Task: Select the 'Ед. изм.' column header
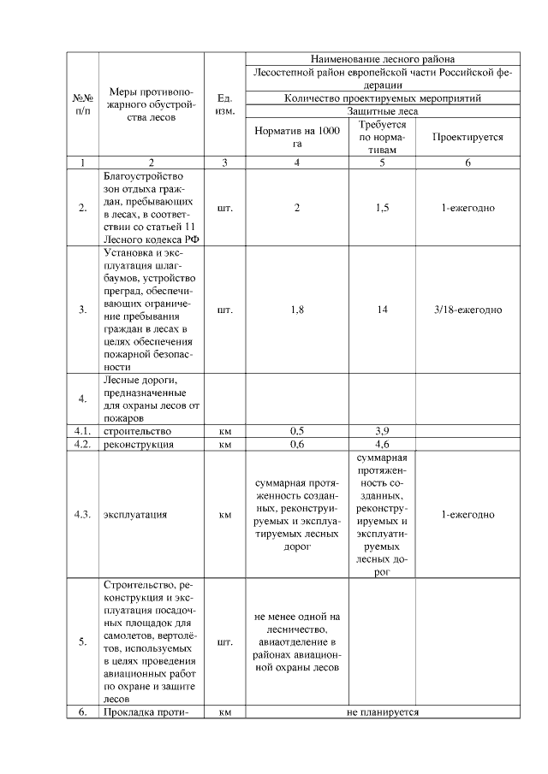[224, 105]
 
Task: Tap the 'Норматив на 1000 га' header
[297, 137]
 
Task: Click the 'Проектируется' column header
[468, 137]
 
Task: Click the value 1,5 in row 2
[383, 208]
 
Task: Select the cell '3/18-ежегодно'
[468, 309]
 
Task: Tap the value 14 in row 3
[383, 309]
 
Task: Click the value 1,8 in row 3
[297, 309]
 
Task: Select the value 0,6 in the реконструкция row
[297, 445]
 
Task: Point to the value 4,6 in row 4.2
[383, 445]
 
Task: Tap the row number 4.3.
[82, 516]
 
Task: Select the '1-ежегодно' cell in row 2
[468, 208]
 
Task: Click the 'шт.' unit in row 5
[224, 641]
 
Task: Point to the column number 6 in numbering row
[468, 162]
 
